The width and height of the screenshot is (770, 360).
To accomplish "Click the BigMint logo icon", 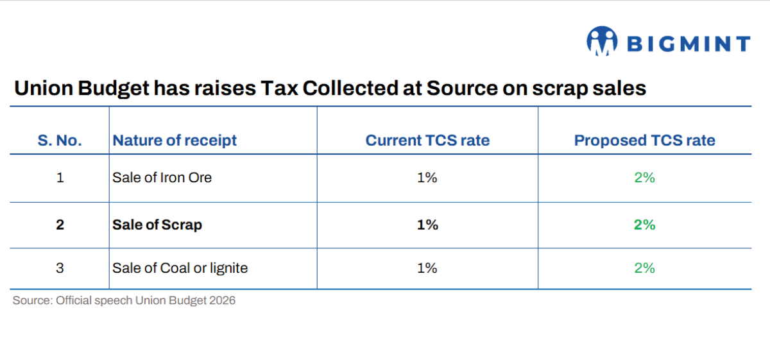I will click(x=601, y=41).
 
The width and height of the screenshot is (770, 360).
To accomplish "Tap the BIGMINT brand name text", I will click(x=688, y=44).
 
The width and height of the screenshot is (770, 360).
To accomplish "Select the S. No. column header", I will click(x=60, y=141).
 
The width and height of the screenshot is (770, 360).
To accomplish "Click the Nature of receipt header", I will click(x=175, y=141).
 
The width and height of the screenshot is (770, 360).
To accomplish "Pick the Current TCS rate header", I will click(x=427, y=141).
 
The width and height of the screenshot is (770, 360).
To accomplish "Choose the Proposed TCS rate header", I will click(x=644, y=141).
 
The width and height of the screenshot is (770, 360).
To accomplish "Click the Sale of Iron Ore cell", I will click(x=162, y=178).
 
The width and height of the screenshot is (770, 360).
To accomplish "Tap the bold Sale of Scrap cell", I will click(x=157, y=225).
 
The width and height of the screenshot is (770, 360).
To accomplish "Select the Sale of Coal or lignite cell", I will click(x=180, y=268).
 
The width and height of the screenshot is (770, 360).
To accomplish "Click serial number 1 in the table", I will click(x=60, y=178).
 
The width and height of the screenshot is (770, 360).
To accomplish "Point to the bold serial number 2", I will click(x=60, y=225).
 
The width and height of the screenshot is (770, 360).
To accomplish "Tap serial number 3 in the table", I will click(x=60, y=268).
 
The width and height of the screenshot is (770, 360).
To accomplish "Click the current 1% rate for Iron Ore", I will click(x=427, y=178).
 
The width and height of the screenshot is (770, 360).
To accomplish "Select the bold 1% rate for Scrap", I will click(x=427, y=225).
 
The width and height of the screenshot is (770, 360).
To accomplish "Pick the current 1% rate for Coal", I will click(x=427, y=268).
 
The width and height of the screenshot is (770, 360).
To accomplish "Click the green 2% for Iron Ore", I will click(x=644, y=178).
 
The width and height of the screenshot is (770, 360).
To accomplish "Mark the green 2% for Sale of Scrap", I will click(x=644, y=225).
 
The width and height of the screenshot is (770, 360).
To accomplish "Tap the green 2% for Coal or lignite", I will click(x=644, y=268).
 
